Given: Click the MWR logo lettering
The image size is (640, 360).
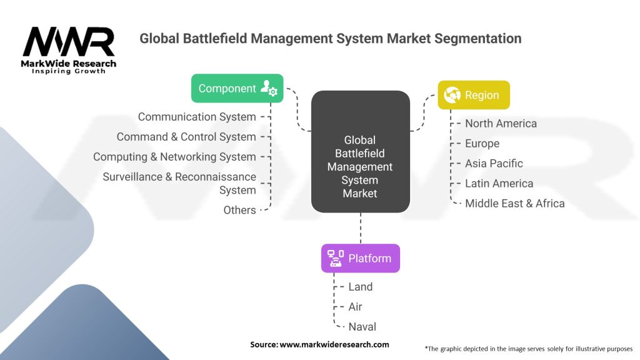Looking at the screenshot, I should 69,42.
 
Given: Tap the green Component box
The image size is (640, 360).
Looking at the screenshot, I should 237,88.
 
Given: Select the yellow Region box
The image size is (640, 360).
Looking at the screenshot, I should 473,95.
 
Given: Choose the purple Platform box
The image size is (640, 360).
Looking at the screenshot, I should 360,258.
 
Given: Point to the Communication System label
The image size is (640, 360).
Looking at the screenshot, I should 197,117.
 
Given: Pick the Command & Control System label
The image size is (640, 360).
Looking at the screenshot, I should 186,137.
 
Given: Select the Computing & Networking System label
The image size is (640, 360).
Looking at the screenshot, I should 174,157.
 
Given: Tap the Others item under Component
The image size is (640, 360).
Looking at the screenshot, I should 239,210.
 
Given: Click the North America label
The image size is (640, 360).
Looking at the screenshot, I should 501,123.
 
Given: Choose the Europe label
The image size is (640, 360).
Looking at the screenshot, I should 482,143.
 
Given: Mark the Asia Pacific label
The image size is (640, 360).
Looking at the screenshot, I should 494,163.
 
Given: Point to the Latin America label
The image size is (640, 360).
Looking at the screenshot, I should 499,183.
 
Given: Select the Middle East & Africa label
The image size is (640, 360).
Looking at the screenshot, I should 514,203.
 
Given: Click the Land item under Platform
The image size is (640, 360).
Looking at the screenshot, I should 360,287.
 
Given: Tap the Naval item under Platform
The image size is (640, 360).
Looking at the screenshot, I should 362,326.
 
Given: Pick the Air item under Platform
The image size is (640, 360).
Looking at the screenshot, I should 355,307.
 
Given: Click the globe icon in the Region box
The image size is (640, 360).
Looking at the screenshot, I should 452,95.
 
